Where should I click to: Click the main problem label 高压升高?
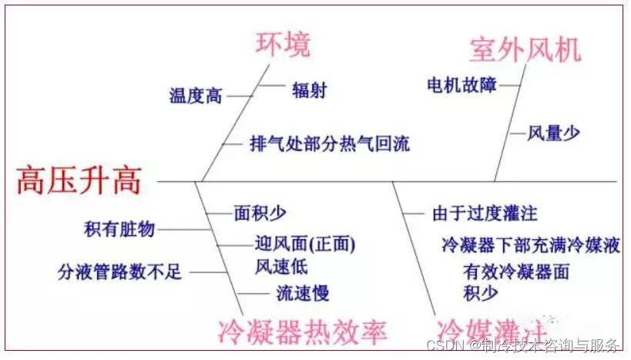79,181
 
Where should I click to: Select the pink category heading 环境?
283,45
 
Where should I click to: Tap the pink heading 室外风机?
525,49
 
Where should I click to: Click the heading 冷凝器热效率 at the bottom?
301,331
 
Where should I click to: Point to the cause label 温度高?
196,96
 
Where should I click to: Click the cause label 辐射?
309,89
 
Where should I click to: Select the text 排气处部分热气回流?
330,143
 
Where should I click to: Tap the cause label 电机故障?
462,85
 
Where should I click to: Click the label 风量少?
553,133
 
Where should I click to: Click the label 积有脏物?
119,229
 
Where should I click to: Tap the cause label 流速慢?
302,293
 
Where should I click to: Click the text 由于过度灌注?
484,212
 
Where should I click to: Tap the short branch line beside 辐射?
271,86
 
